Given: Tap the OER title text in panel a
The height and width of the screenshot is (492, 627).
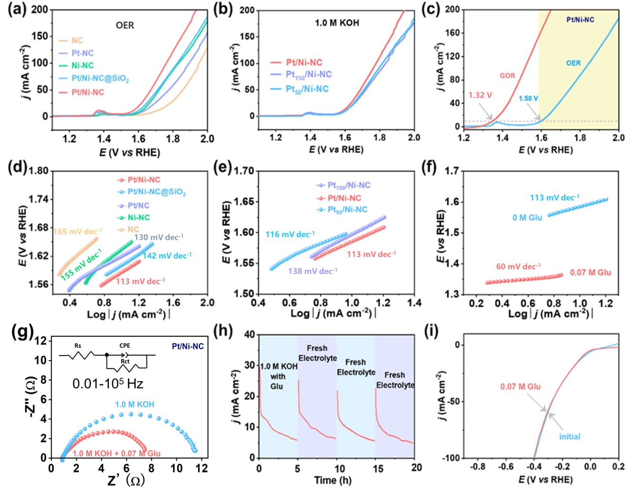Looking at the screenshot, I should click(125, 25).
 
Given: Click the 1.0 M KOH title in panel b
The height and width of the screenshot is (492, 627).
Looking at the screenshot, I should click(337, 22).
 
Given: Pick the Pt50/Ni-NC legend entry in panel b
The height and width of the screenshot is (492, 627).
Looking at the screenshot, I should click(307, 89).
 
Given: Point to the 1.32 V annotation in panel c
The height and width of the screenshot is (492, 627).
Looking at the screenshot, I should click(480, 95).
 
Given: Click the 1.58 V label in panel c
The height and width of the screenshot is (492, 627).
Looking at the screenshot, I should click(528, 98).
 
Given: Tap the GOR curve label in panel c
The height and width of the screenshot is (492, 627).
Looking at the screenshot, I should click(507, 76).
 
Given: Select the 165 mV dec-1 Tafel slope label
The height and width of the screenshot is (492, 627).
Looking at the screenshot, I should click(75, 232).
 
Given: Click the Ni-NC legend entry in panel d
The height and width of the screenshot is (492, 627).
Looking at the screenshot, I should click(138, 217).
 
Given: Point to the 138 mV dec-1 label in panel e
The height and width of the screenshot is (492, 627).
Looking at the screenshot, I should click(312, 271).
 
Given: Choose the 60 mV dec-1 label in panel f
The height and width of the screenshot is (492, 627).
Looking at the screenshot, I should click(518, 266).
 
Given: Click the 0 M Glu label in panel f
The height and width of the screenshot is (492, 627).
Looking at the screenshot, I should click(527, 217).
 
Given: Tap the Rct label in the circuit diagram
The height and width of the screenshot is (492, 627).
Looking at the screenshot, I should click(125, 361).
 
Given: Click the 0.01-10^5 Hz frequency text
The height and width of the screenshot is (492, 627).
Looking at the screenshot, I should click(108, 384).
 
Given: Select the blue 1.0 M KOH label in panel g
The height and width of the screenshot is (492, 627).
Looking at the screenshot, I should click(135, 404).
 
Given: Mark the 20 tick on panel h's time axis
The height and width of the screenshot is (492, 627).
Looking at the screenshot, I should click(416, 468).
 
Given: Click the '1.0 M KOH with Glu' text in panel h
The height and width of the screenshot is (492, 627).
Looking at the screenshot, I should click(278, 376).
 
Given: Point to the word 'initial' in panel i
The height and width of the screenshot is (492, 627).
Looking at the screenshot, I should click(569, 436).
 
